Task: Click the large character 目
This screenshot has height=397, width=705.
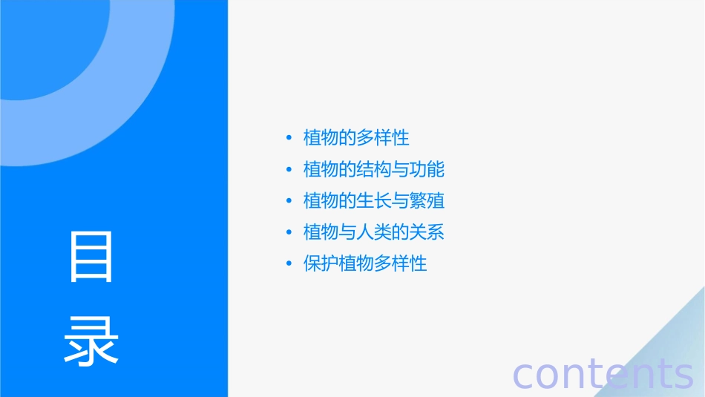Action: (x=91, y=257)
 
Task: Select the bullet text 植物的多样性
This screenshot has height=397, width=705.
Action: (x=356, y=138)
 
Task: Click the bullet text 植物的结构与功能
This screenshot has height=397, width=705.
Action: (x=374, y=169)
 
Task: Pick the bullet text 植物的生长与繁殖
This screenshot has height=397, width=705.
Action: (x=374, y=201)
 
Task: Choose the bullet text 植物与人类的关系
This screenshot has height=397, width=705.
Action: (x=374, y=232)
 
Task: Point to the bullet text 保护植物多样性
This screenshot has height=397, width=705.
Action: (x=365, y=264)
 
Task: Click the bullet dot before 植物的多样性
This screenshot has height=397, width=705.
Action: (x=289, y=138)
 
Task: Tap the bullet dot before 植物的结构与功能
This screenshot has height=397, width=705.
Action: (x=289, y=169)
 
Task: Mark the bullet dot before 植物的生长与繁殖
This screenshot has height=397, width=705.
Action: (x=289, y=201)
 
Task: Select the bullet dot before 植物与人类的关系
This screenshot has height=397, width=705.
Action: (x=289, y=232)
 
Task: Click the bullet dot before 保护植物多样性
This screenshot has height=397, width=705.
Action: (x=289, y=264)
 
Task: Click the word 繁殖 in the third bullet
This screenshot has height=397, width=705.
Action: (x=427, y=201)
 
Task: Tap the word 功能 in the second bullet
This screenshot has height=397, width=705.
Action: (x=427, y=169)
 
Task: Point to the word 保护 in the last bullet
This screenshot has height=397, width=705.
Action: (x=321, y=264)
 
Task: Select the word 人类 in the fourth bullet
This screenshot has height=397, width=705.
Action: (x=374, y=232)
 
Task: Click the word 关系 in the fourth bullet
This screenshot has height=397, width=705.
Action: (x=427, y=232)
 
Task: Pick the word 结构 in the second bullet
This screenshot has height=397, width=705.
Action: (x=374, y=169)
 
